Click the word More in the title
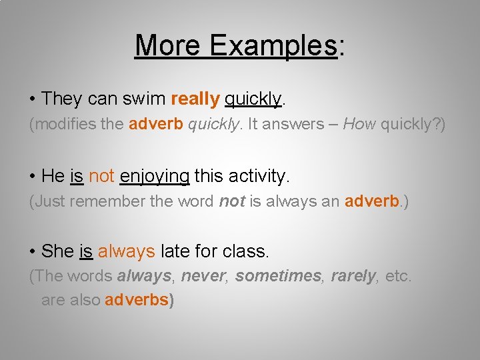[169, 45]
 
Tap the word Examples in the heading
[273, 45]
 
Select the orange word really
[195, 99]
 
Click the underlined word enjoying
[155, 176]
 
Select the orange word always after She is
[127, 251]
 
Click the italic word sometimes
[279, 276]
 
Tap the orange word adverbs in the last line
[137, 300]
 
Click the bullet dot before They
[33, 99]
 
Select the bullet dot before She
[33, 252]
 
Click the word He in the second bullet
[53, 176]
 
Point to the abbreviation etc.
[398, 276]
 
